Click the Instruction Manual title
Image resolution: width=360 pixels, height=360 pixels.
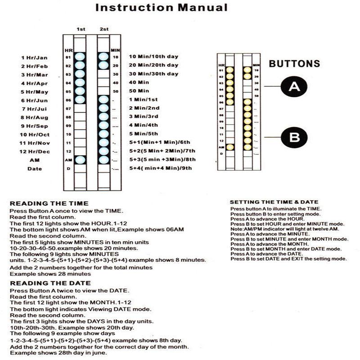(x=162, y=8)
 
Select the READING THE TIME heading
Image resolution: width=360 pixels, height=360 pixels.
(x=49, y=203)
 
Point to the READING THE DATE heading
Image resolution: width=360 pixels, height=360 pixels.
(x=50, y=283)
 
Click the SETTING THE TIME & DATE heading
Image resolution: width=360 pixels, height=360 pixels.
(x=274, y=202)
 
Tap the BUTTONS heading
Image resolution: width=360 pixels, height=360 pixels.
(x=294, y=64)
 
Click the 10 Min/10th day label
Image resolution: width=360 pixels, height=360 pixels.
(x=153, y=57)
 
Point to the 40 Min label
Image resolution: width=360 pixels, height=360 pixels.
(x=139, y=82)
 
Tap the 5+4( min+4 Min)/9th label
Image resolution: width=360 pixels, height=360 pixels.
(x=161, y=168)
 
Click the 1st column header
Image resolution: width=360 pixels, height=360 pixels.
(x=81, y=29)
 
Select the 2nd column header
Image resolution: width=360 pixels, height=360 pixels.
(x=104, y=29)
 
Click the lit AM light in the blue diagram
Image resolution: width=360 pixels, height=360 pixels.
(x=80, y=159)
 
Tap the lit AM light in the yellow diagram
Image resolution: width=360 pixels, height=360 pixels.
(x=230, y=147)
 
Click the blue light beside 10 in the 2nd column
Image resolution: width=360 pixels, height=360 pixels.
(x=103, y=57)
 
